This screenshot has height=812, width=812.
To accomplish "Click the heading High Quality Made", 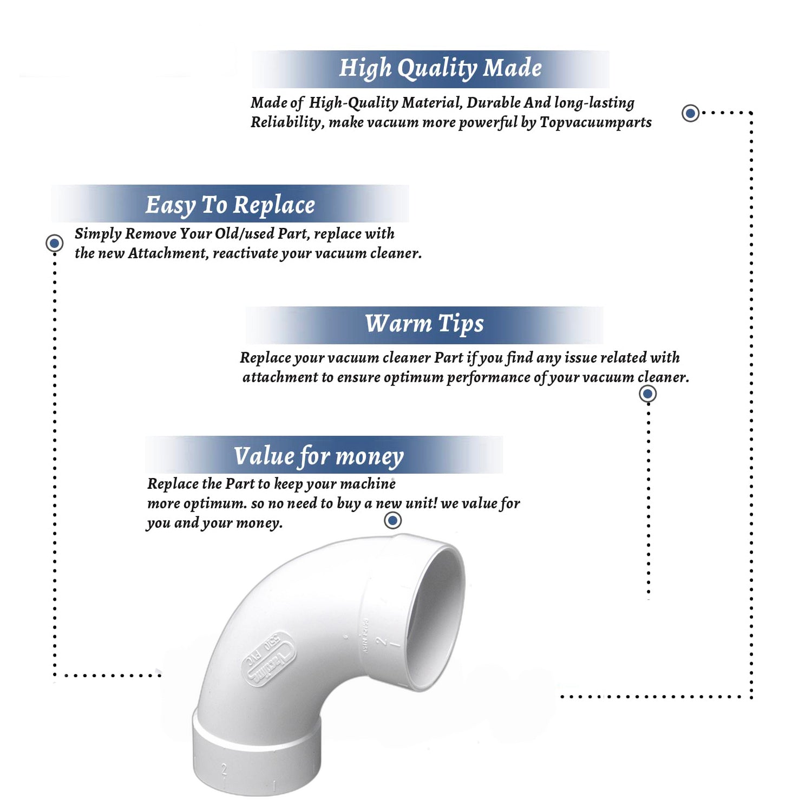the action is click(440, 68).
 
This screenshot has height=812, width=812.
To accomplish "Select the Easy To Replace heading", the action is click(230, 205).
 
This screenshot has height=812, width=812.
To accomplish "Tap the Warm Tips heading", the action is click(424, 324).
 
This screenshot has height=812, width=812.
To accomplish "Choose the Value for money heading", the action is click(319, 456).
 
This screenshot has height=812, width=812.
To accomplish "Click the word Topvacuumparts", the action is click(595, 122).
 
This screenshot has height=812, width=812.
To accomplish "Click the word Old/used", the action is click(244, 234).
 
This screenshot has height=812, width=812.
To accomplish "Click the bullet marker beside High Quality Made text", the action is click(690, 113).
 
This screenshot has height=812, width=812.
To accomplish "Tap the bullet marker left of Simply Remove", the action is click(54, 243).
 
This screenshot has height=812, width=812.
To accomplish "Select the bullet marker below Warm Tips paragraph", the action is click(648, 394).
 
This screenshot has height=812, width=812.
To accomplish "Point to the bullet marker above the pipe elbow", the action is click(392, 520).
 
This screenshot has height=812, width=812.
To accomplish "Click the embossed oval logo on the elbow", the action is click(269, 659).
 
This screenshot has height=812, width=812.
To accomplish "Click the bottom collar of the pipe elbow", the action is click(257, 758).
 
